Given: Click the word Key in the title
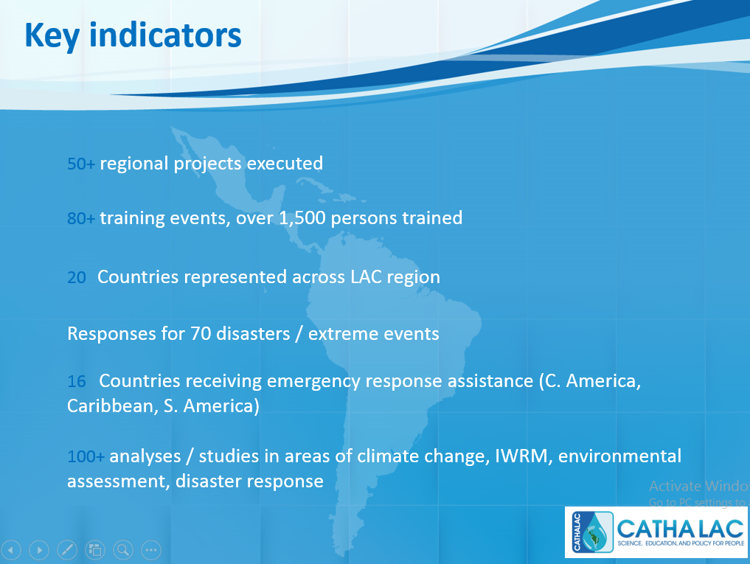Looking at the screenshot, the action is [x=52, y=36].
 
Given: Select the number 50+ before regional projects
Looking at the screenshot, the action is [x=81, y=164].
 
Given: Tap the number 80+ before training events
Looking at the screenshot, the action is [x=81, y=218].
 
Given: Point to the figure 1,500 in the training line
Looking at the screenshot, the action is [x=302, y=218].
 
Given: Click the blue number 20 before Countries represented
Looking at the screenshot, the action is [x=77, y=277].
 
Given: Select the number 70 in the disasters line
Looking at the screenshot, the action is [x=201, y=334].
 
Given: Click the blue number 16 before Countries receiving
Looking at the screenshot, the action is [x=77, y=381].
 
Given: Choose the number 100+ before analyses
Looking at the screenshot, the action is [x=86, y=456].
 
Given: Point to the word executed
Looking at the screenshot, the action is [x=285, y=164].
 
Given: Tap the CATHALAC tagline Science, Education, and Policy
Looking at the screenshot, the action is [x=681, y=543].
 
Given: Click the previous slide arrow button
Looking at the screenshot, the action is [x=11, y=550].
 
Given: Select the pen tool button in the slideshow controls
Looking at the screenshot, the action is [x=67, y=550].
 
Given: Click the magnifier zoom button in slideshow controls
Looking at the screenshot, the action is [x=123, y=550].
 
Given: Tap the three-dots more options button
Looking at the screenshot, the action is [x=151, y=550].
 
